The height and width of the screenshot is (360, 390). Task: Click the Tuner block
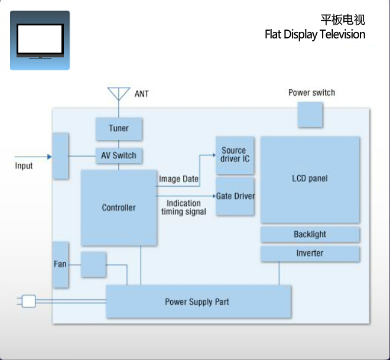click(119, 128)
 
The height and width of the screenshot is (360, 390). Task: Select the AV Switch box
click(119, 155)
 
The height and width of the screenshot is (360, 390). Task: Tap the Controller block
click(119, 207)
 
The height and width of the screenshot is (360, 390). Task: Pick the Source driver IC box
click(235, 155)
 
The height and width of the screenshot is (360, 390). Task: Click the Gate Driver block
click(235, 196)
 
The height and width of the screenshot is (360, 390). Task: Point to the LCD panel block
click(310, 179)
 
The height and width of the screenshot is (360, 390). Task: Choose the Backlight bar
click(310, 235)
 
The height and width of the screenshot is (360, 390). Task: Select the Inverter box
click(310, 254)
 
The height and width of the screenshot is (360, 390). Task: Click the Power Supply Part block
click(198, 301)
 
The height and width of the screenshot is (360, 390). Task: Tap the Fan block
click(60, 264)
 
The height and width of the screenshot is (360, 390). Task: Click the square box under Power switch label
click(310, 114)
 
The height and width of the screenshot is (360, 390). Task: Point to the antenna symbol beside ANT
click(118, 93)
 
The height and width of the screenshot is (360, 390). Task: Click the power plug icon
click(27, 301)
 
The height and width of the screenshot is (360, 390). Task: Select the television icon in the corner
click(40, 40)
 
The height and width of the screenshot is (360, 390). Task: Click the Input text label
click(24, 166)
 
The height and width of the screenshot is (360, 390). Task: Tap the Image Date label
click(178, 179)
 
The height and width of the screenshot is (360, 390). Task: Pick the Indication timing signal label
click(184, 207)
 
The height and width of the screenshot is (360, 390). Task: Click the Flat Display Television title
click(314, 34)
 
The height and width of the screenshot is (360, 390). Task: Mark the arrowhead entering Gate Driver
click(213, 196)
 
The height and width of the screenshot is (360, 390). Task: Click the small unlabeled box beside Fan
click(93, 264)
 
